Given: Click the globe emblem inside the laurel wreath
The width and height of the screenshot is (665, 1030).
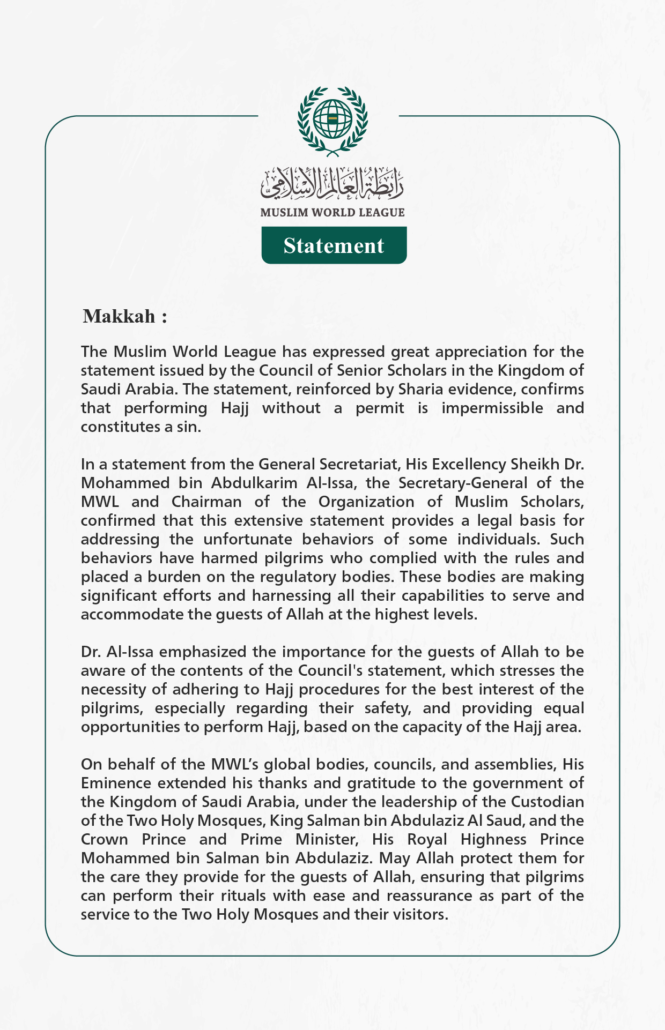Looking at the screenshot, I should [332, 119].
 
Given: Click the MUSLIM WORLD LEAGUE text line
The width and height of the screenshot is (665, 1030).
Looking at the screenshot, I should [332, 212].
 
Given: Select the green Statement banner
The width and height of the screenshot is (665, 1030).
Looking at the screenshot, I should [334, 245].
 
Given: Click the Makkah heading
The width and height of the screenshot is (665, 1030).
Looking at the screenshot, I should [124, 316].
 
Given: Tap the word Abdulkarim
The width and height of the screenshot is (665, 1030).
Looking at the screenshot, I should [255, 483].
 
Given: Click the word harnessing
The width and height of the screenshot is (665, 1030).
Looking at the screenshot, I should [291, 595].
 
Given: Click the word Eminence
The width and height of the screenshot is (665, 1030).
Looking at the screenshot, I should [116, 783].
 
